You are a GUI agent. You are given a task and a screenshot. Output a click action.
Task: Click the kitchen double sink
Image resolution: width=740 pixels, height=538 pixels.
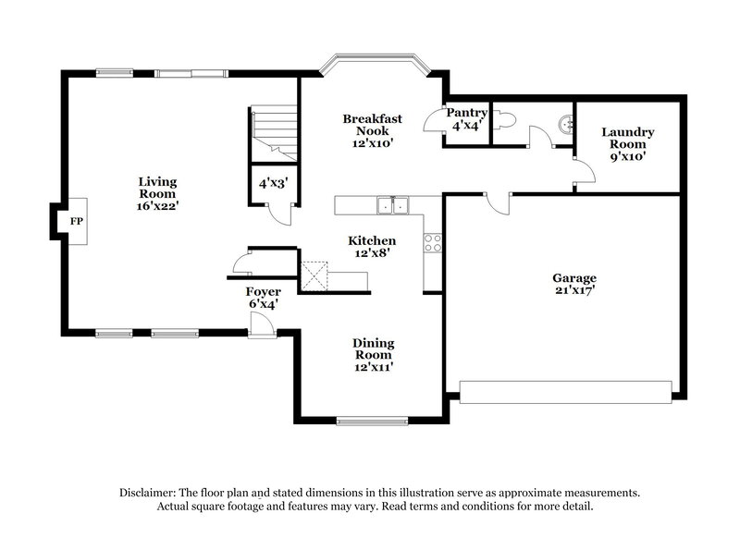click(392, 205)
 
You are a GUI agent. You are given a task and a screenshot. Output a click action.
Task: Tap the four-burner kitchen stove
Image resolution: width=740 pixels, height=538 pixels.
click(432, 243)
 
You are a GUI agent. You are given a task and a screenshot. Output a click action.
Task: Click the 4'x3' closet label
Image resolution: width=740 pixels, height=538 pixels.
click(274, 184)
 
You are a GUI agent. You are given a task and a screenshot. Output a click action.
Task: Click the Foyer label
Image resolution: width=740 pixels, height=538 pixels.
click(263, 298)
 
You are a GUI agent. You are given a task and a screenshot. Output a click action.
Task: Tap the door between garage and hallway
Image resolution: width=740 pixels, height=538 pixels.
click(498, 201)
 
